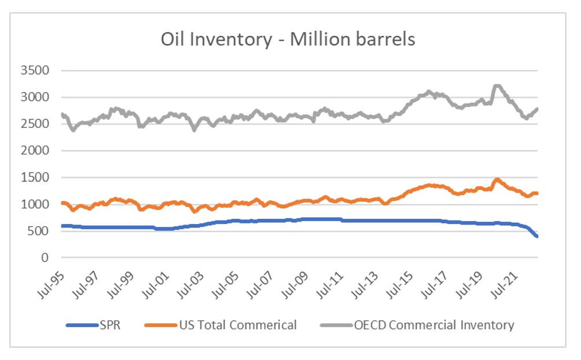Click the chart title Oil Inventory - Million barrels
(x=288, y=39)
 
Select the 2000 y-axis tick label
(x=38, y=150)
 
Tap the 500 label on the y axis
(x=41, y=231)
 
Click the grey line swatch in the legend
(x=334, y=325)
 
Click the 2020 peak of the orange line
(x=497, y=180)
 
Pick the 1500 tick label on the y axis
(x=38, y=177)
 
